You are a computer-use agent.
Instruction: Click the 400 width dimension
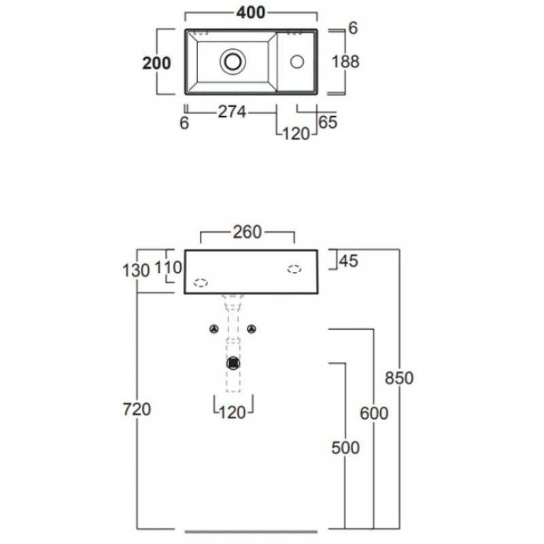click(x=251, y=13)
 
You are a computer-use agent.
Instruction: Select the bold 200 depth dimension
click(x=156, y=63)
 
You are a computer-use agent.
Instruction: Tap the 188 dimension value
click(x=345, y=61)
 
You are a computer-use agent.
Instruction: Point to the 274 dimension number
click(x=232, y=112)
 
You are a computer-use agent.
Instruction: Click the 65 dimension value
click(x=327, y=122)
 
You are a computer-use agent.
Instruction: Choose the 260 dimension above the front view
click(x=247, y=233)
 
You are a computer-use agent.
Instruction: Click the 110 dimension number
click(x=168, y=267)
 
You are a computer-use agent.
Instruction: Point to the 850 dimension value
click(x=399, y=378)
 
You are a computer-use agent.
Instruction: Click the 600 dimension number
click(x=374, y=413)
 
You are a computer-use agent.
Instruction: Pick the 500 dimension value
click(x=345, y=447)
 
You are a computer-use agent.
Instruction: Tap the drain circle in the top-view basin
click(x=232, y=61)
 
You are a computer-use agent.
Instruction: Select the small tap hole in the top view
click(x=296, y=61)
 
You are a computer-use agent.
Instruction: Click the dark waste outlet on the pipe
click(x=234, y=362)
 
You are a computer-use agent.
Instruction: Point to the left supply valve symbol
click(x=214, y=330)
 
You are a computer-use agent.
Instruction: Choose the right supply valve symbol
click(x=252, y=330)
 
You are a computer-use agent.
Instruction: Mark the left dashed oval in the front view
click(x=201, y=283)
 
